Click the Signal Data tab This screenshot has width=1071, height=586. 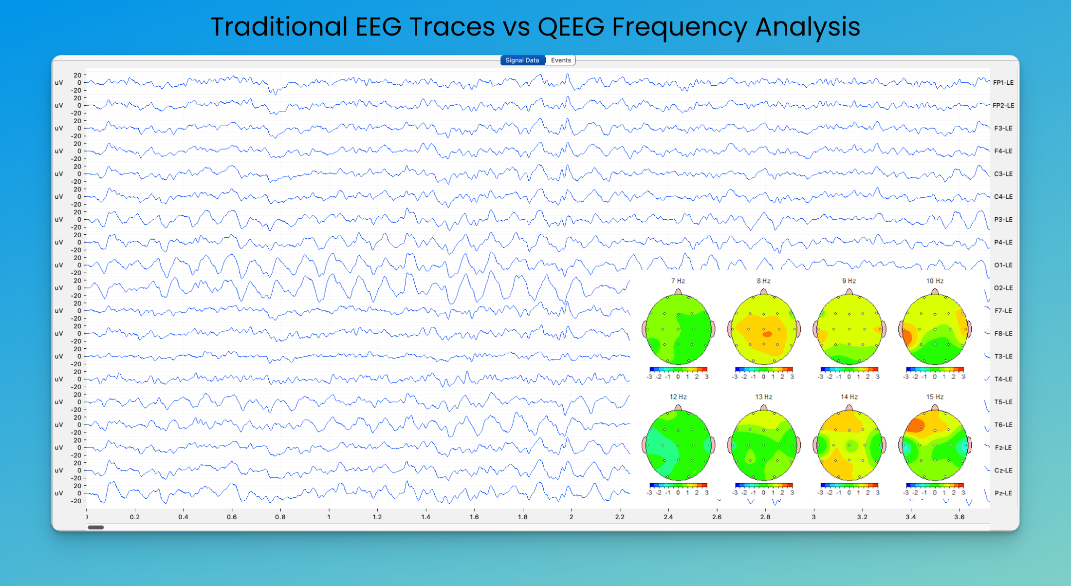pyautogui.click(x=522, y=60)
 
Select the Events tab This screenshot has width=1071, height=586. pyautogui.click(x=561, y=60)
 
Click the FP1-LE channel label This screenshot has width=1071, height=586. pyautogui.click(x=1003, y=83)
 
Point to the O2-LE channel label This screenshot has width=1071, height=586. pyautogui.click(x=1003, y=288)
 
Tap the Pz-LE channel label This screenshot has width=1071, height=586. pyautogui.click(x=1003, y=493)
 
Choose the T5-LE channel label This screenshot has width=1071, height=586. pyautogui.click(x=1003, y=402)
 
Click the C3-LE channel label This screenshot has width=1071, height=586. pyautogui.click(x=1003, y=174)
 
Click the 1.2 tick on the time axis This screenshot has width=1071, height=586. pyautogui.click(x=377, y=517)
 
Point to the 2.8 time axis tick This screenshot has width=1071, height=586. pyautogui.click(x=765, y=517)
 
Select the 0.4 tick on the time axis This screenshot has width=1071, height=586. pyautogui.click(x=183, y=517)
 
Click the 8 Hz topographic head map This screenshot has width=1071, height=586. pyautogui.click(x=764, y=329)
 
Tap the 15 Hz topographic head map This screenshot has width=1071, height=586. pyautogui.click(x=935, y=445)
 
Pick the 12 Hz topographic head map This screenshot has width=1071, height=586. pyautogui.click(x=678, y=445)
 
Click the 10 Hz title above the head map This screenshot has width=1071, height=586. pyautogui.click(x=935, y=281)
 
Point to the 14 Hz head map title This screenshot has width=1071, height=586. pyautogui.click(x=849, y=397)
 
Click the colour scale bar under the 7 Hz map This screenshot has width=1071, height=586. pyautogui.click(x=678, y=369)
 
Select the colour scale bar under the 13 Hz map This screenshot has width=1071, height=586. pyautogui.click(x=764, y=485)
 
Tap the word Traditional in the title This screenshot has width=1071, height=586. pyautogui.click(x=279, y=27)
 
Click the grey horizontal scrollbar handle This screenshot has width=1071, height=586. pyautogui.click(x=96, y=527)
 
